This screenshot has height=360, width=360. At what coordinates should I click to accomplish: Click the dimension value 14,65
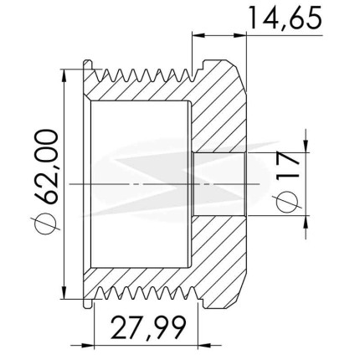click(x=285, y=18)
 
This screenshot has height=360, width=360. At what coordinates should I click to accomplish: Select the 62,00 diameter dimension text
click(x=46, y=167)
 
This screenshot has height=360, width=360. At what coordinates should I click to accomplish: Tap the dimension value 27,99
click(x=148, y=327)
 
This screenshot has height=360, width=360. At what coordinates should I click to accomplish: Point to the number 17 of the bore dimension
click(x=287, y=166)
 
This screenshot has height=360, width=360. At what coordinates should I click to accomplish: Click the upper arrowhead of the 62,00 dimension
click(x=64, y=75)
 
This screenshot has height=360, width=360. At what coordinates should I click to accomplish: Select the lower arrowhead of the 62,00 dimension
click(x=64, y=292)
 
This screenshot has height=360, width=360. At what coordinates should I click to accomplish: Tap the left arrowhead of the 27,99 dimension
click(x=88, y=345)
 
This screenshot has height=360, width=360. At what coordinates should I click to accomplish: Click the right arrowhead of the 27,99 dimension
click(x=204, y=345)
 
